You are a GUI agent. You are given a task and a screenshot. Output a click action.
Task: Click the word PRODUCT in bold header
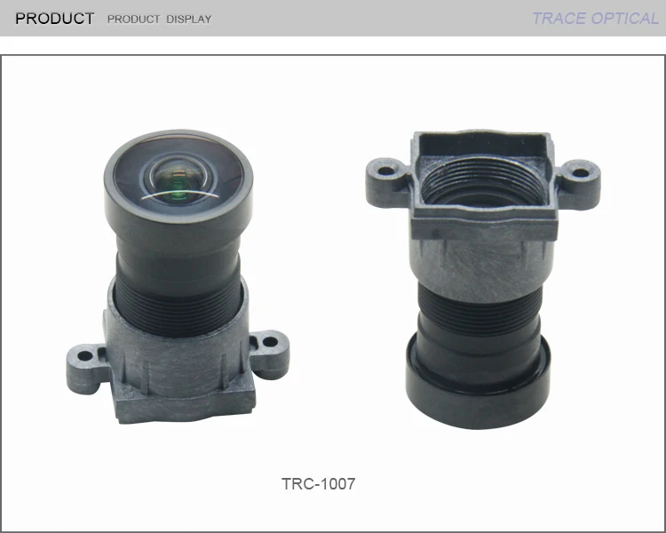pyautogui.click(x=54, y=19)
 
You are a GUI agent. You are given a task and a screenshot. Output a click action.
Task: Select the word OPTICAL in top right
pyautogui.click(x=626, y=19)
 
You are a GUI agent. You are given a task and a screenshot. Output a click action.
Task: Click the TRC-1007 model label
pyautogui.click(x=318, y=484)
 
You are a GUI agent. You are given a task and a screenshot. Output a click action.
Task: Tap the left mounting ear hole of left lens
pyautogui.click(x=85, y=357)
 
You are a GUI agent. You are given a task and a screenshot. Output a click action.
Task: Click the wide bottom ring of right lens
pyautogui.click(x=480, y=391)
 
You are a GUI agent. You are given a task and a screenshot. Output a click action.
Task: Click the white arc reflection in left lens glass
pyautogui.click(x=178, y=194)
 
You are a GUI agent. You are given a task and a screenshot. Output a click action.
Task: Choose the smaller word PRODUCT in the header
pyautogui.click(x=133, y=20)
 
